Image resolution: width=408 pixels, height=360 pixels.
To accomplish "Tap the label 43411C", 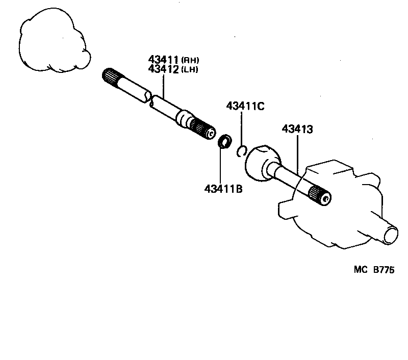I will coord(245,106).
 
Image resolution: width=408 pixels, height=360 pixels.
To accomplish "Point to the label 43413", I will coord(297,130).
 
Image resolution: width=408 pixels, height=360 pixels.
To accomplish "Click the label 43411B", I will coord(223,189).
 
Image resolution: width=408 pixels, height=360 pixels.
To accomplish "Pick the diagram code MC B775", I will coord(374,271).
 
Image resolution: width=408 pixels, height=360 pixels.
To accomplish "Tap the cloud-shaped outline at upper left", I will coord(51,43).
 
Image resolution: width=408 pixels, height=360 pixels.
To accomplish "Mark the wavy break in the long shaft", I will coord(148,99).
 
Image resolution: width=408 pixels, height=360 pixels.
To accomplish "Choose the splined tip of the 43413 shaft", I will coord(320,197).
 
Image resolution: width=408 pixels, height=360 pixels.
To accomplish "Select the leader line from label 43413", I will coord(297,153).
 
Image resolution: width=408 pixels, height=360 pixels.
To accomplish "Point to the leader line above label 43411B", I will coord(220,166).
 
